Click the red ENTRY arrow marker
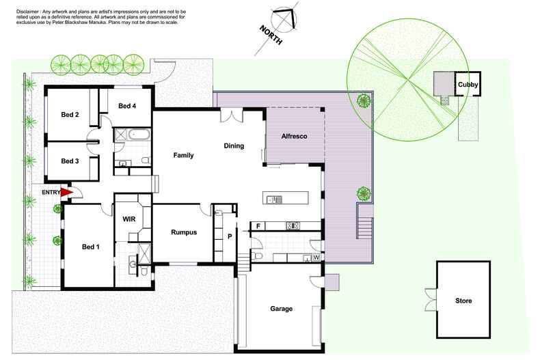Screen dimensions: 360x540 click(66, 193)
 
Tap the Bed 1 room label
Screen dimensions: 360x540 click(91, 247)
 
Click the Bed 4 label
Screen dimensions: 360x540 click(127, 106)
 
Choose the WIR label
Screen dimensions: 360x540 click(129, 219)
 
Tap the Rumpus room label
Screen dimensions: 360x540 click(183, 232)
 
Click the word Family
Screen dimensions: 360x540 click(183, 155)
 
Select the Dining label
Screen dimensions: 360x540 click(234, 146)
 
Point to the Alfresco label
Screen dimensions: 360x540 click(295, 137)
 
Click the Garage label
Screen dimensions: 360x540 click(280, 309)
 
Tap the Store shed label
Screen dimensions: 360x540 click(463, 301)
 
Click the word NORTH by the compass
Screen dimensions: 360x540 click(269, 37)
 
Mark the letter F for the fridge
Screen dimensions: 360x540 click(258, 225)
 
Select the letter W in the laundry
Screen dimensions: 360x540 click(315, 258)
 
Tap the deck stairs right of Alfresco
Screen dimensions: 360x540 click(364, 225)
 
